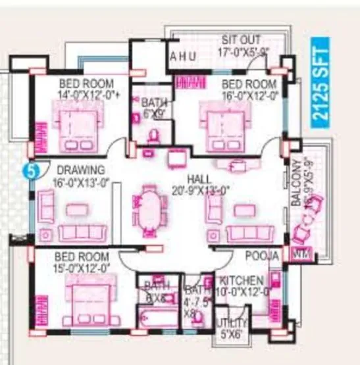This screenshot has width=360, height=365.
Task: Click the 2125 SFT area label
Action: (321, 81)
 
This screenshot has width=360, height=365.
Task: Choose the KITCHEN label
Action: (242, 281)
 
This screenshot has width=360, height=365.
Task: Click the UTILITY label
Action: (232, 322)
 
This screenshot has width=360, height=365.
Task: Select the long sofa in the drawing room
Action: (80, 231)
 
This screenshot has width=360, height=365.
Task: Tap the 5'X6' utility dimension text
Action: (232, 333)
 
